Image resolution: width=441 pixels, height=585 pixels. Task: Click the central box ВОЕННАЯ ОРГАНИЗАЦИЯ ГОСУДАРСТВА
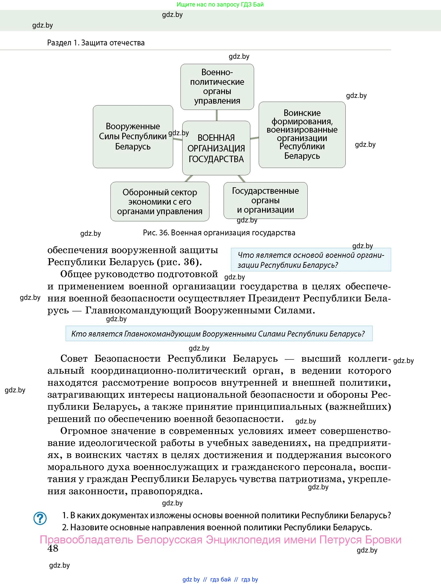(216, 148)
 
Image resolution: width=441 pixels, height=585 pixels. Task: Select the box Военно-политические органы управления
(217, 87)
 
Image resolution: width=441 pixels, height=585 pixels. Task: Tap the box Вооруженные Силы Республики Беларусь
(133, 137)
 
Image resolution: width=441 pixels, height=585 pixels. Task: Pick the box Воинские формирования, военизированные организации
(302, 134)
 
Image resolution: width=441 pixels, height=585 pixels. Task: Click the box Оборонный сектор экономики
(160, 202)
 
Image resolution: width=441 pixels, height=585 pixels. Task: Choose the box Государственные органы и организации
(265, 200)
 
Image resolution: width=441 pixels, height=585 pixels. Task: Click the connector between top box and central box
(217, 115)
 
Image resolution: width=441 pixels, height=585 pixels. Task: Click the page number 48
(53, 548)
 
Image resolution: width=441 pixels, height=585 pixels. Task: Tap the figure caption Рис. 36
(219, 233)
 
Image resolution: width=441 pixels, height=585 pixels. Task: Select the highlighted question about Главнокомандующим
(219, 333)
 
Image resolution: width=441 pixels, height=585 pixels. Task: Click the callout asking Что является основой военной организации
(311, 260)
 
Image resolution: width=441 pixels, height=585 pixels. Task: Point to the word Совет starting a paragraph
(74, 359)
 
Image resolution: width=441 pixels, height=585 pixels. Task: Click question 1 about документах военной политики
(226, 515)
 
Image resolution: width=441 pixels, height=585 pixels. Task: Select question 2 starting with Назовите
(217, 527)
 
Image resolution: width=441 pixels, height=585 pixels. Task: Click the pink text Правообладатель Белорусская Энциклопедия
(220, 539)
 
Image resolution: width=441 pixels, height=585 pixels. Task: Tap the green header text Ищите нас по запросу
(220, 4)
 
